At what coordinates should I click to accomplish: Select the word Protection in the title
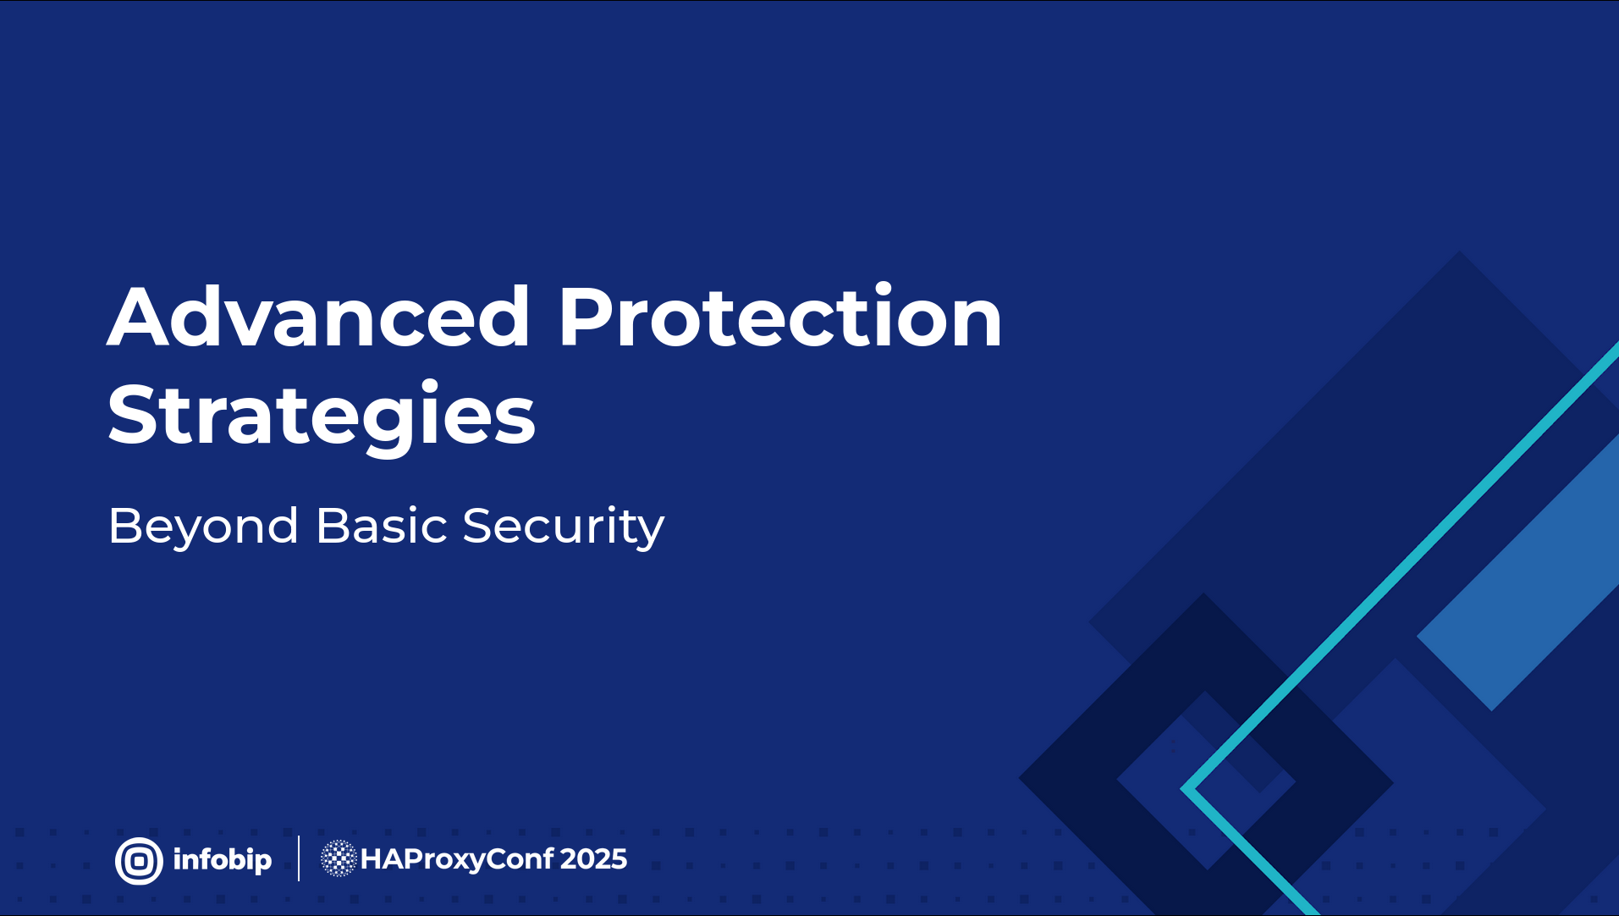(x=780, y=316)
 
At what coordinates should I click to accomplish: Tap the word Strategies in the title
(x=322, y=417)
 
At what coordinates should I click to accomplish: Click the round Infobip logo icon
(x=139, y=861)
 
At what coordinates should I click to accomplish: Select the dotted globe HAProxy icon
(x=339, y=858)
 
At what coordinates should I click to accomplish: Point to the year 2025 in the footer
(x=593, y=859)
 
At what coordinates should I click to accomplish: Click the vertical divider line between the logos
(x=299, y=858)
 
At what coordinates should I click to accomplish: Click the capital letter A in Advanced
(x=142, y=317)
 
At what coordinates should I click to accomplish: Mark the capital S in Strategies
(x=133, y=414)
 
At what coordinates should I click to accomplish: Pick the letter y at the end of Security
(x=649, y=532)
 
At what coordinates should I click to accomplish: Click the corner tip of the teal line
(x=1182, y=789)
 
